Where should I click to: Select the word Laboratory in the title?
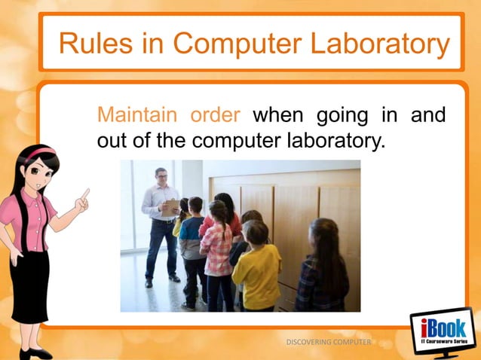click(378, 44)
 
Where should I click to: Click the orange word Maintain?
click(137, 116)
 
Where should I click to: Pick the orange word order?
click(215, 116)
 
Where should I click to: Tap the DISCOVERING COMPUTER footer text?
click(329, 342)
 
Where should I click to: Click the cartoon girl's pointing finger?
click(85, 194)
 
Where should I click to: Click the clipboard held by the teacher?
click(170, 206)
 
